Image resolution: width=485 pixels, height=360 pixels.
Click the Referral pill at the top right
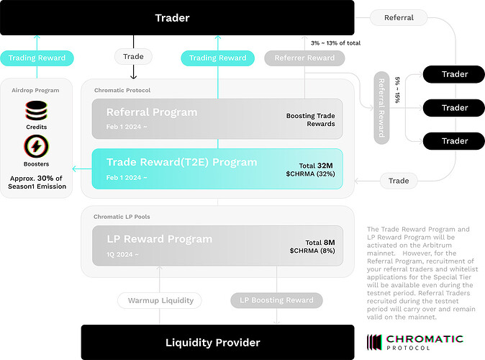tap(399, 18)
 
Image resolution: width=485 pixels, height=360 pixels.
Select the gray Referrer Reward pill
tap(304, 58)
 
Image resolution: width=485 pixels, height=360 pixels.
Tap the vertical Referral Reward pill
tap(381, 108)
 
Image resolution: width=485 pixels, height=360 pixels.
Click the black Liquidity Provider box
tap(218, 342)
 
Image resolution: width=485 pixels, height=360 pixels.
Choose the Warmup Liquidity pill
tap(160, 300)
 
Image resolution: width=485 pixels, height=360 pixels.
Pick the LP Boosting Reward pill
tap(276, 300)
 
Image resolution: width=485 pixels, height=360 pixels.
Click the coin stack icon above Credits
tap(36, 110)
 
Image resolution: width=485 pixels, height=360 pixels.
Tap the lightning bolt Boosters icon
tap(36, 146)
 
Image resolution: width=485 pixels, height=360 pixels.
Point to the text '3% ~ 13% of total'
tap(335, 43)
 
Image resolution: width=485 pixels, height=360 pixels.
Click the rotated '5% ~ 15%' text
tap(397, 90)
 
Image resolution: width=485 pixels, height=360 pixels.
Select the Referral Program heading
tap(152, 112)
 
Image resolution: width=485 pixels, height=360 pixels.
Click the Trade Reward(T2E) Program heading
tap(181, 162)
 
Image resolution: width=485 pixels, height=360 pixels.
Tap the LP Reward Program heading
tap(160, 239)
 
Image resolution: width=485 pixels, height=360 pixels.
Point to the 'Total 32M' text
tap(316, 166)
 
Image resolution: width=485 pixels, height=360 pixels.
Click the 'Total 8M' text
tap(320, 243)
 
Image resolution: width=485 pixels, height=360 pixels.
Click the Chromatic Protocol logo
tap(414, 342)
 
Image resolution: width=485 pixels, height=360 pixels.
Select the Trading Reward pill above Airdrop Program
tap(37, 58)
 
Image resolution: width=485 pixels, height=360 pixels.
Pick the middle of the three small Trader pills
tap(453, 108)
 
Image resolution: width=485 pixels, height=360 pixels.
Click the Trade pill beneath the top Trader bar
tap(133, 57)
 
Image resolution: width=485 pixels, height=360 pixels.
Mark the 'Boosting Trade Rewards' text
tap(311, 120)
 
